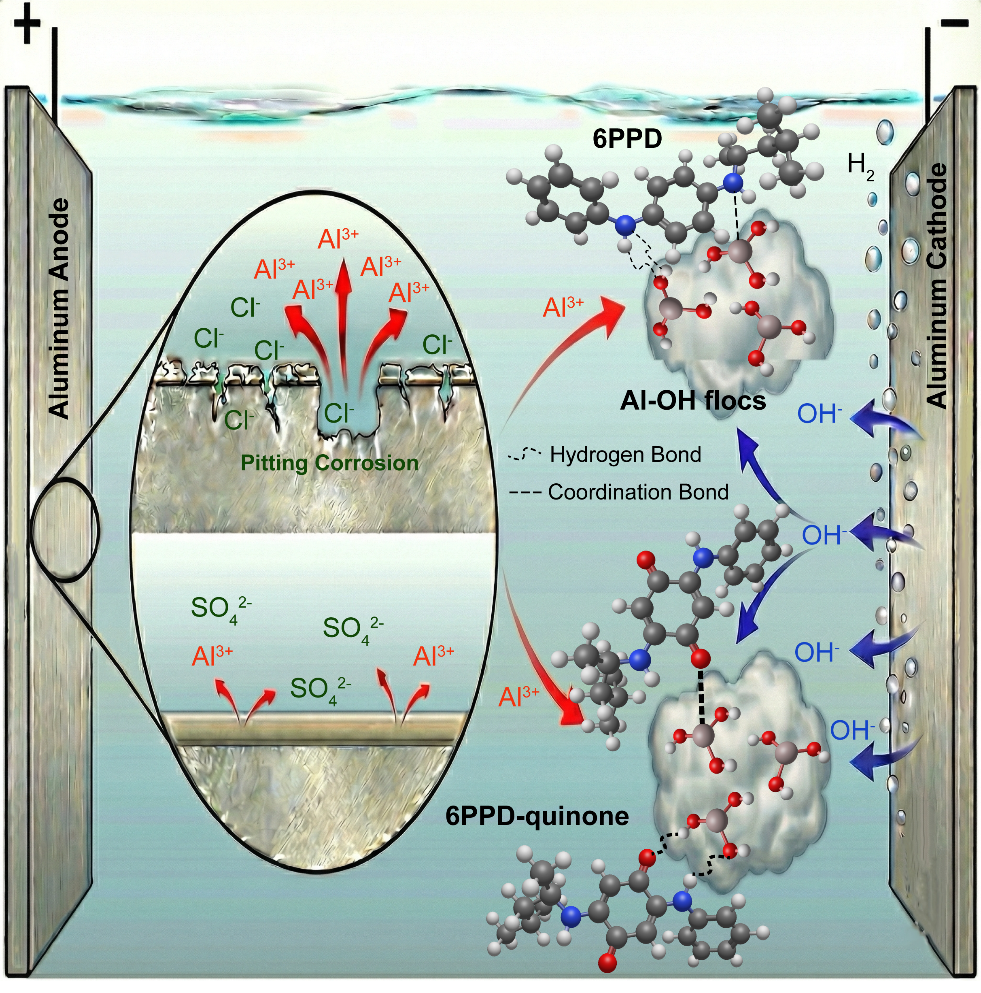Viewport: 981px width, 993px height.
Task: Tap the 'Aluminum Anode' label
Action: point(58,308)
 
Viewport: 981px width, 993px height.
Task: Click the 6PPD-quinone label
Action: point(537,816)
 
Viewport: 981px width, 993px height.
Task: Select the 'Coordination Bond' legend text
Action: point(638,492)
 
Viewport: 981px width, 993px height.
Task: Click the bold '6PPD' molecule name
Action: point(627,140)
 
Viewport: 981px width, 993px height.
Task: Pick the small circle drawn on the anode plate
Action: point(64,529)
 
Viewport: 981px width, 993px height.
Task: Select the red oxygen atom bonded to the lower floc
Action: point(701,658)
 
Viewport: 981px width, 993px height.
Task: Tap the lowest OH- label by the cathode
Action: point(853,730)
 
